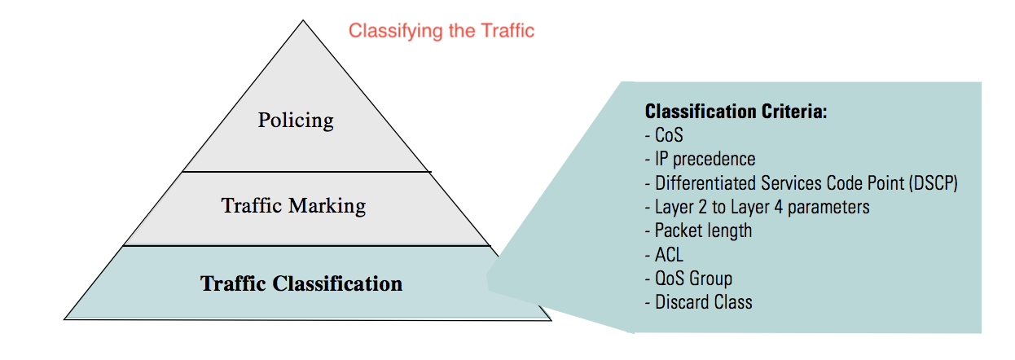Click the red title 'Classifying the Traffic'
click(442, 31)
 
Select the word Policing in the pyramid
click(296, 121)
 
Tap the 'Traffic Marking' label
click(293, 205)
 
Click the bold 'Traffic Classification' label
click(301, 284)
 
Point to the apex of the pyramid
click(305, 22)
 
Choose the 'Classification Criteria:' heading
click(736, 112)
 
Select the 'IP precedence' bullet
click(705, 159)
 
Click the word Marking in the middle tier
click(331, 205)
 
